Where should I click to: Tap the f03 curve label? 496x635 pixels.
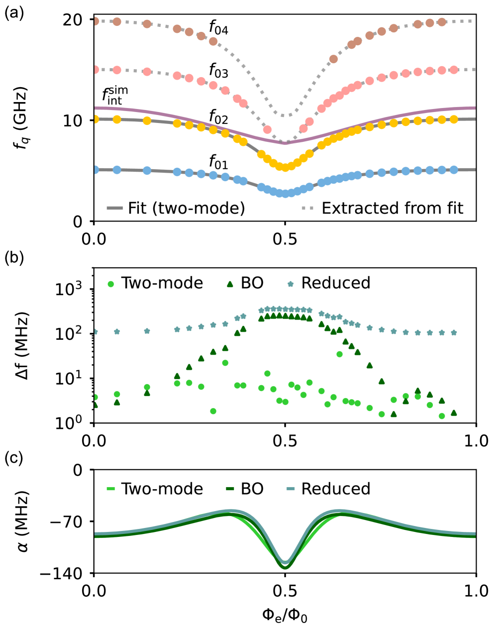(218, 71)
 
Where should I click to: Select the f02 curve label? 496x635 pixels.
(218, 117)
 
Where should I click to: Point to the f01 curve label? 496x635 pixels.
(218, 162)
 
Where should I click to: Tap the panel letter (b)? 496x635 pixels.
(13, 258)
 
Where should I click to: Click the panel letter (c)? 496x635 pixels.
(13, 458)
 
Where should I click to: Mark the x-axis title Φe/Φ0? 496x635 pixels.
(285, 616)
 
